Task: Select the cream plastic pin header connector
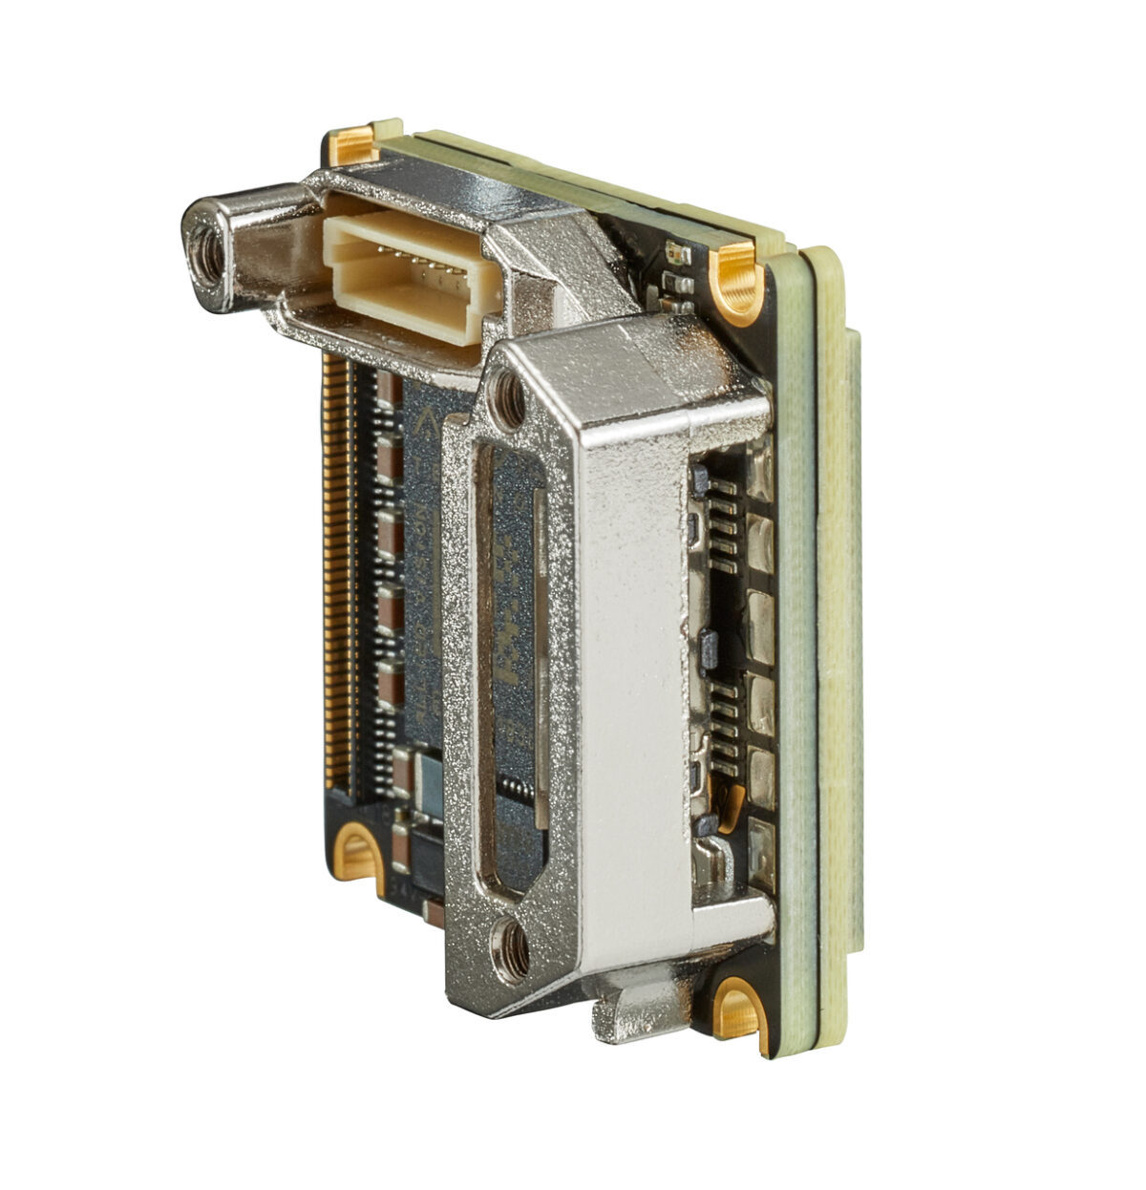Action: [401, 263]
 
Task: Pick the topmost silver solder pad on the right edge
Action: [761, 469]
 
